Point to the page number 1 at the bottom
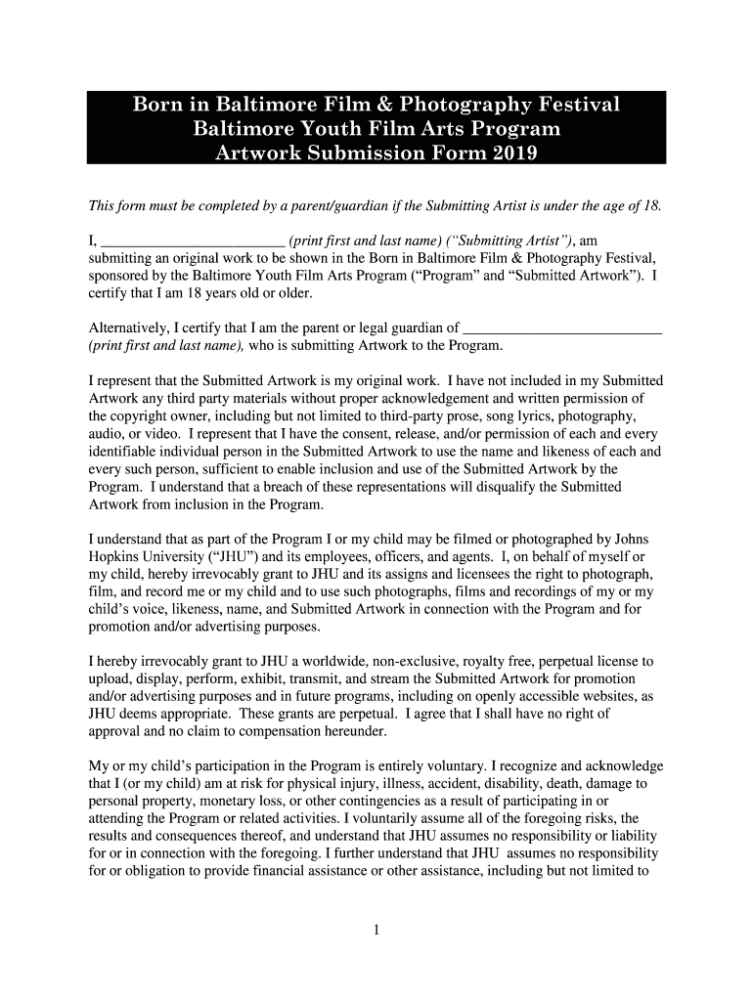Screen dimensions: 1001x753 coord(376,929)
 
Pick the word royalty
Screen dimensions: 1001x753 coord(495,661)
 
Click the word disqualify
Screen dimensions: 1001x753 coord(504,487)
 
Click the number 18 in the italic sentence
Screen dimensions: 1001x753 coord(650,206)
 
